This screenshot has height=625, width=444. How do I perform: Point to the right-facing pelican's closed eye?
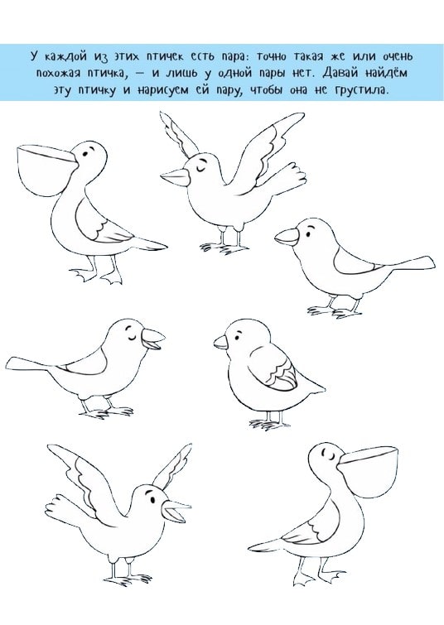point(330,454)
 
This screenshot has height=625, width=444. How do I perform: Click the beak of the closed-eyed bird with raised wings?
point(176,176)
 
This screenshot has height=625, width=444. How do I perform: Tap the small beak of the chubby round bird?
point(220,342)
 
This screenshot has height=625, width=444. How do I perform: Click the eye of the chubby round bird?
point(239,334)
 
